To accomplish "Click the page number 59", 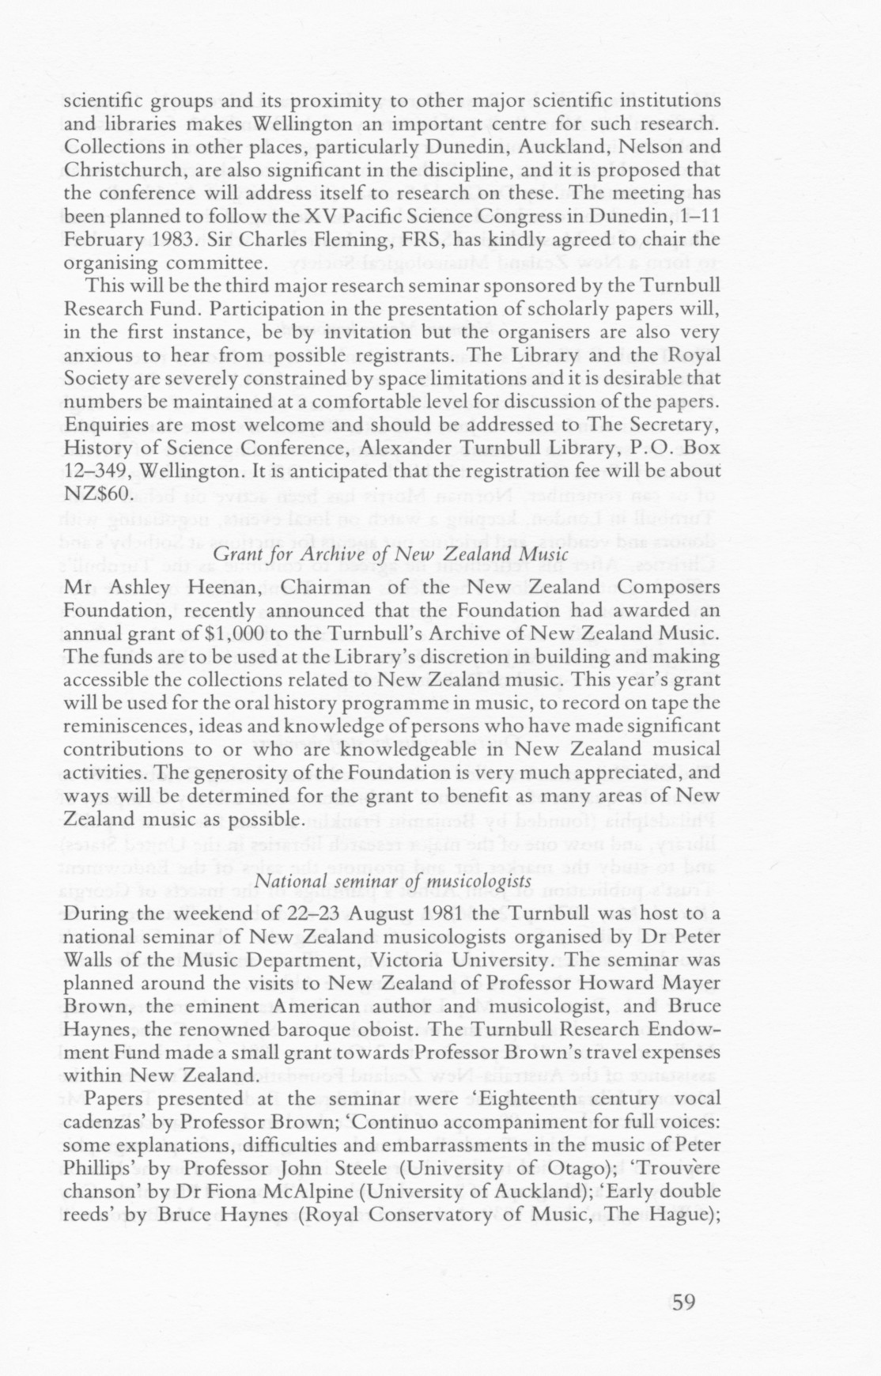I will tap(682, 1301).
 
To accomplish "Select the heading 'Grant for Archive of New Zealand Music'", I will tap(391, 554).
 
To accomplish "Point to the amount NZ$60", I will tap(96, 493).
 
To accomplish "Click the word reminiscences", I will tap(124, 725).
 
